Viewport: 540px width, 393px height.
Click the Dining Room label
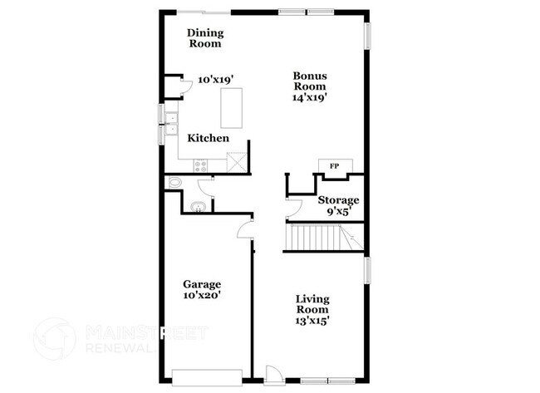pyautogui.click(x=204, y=38)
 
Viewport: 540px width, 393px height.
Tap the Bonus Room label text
pyautogui.click(x=308, y=81)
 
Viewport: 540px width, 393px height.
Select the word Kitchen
pyautogui.click(x=208, y=138)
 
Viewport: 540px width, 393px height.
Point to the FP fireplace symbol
pyautogui.click(x=334, y=166)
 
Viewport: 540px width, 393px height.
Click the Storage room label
pyautogui.click(x=339, y=200)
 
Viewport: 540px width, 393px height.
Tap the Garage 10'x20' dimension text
pyautogui.click(x=202, y=295)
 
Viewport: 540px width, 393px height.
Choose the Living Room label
pyautogui.click(x=312, y=304)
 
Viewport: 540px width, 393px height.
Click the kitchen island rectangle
pyautogui.click(x=233, y=108)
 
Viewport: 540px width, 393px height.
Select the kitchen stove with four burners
pyautogui.click(x=202, y=165)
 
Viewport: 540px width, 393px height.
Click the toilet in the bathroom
pyautogui.click(x=174, y=183)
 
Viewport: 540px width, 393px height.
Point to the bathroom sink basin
pyautogui.click(x=199, y=208)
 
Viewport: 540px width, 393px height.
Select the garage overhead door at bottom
pyautogui.click(x=207, y=371)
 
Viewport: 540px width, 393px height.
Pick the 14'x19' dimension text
pyautogui.click(x=308, y=96)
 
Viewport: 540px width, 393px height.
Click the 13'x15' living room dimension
pyautogui.click(x=312, y=320)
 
